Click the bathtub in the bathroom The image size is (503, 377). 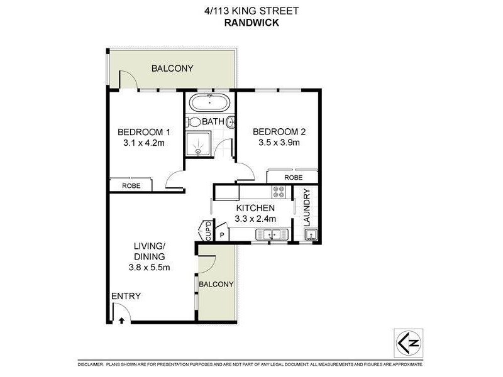click(x=209, y=103)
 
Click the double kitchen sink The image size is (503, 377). click(x=272, y=235)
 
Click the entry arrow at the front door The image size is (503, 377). click(x=121, y=319)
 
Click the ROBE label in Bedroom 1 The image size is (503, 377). click(x=131, y=186)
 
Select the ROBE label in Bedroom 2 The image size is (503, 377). click(x=293, y=178)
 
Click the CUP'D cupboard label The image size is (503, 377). click(x=208, y=231)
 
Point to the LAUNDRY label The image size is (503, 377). click(x=307, y=207)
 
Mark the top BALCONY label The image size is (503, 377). click(x=172, y=68)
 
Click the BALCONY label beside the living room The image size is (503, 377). click(x=216, y=284)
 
